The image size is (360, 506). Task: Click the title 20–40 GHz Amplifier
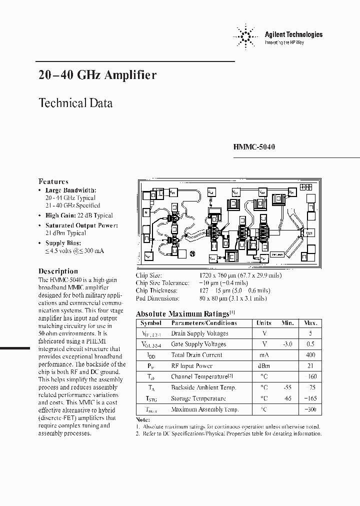coord(97,75)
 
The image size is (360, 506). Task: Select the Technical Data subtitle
coord(75,103)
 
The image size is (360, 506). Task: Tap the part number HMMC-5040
coord(254,147)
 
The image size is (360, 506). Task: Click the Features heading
coord(53,181)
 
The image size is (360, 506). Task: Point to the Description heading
coord(58,271)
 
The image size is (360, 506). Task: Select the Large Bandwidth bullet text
coord(71,190)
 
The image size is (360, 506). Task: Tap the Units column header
coord(264,323)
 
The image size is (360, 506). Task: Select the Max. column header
coord(310,323)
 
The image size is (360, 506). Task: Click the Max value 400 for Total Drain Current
coord(311,355)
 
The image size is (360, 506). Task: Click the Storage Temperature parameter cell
coord(198,398)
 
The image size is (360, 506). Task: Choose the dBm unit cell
coord(264,366)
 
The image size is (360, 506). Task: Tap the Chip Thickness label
coord(156,290)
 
